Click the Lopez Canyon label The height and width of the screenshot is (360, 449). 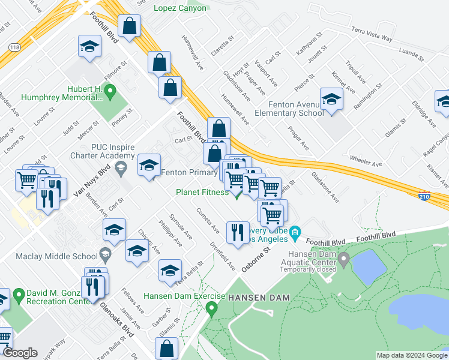[x=180, y=8]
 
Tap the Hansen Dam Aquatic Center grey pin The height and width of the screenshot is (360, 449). [x=343, y=260]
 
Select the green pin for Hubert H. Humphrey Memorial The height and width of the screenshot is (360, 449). [x=109, y=92]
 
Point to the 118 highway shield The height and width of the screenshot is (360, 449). [x=15, y=47]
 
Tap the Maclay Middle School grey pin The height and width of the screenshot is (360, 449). [x=105, y=254]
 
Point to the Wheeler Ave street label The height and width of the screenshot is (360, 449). [x=366, y=163]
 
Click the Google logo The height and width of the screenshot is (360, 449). [x=20, y=353]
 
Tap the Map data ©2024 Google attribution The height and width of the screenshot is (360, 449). [x=411, y=355]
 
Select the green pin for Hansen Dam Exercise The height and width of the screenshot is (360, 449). [x=211, y=309]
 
